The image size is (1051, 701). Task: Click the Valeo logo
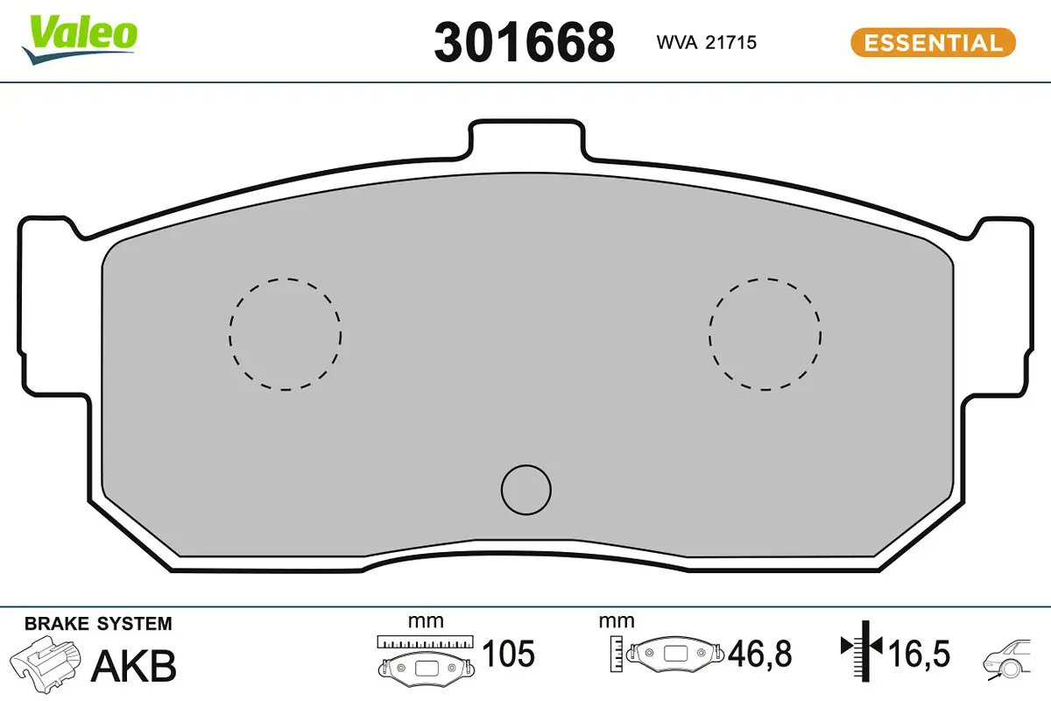80,39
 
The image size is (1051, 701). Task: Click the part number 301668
524,42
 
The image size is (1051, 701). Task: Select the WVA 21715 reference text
706,42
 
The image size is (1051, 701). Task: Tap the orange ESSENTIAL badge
933,42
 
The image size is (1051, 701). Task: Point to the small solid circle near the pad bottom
526,466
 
